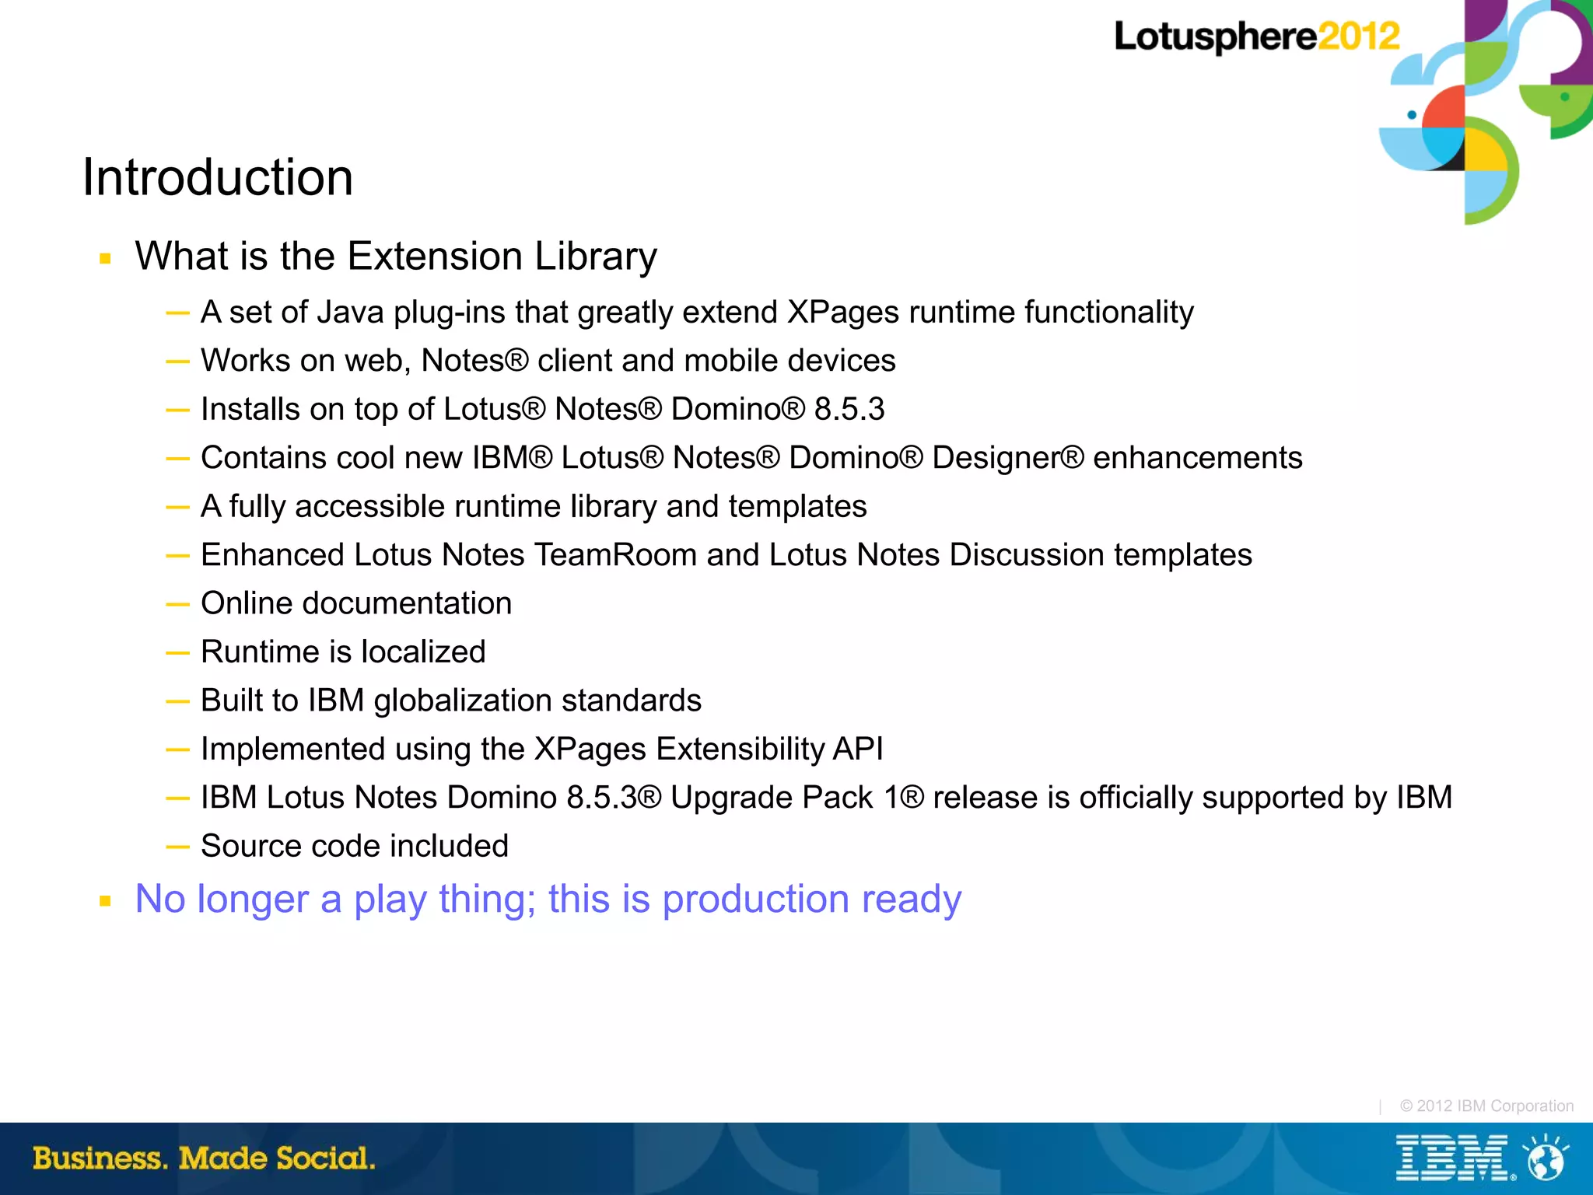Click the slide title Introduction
(x=218, y=177)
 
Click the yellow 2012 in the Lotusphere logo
(x=1359, y=37)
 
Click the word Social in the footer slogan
(x=325, y=1158)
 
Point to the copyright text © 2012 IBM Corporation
(x=1486, y=1106)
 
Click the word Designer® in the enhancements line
(x=1007, y=458)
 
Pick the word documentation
(x=407, y=604)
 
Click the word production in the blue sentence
(x=755, y=900)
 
